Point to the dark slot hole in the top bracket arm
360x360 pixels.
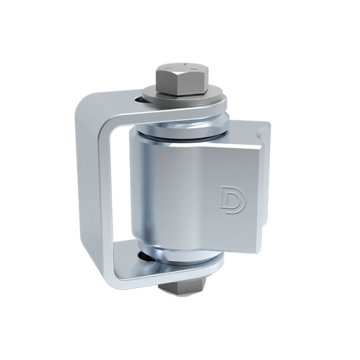(140, 100)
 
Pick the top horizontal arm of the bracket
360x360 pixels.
(116, 103)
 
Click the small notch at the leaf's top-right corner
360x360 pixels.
(261, 132)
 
